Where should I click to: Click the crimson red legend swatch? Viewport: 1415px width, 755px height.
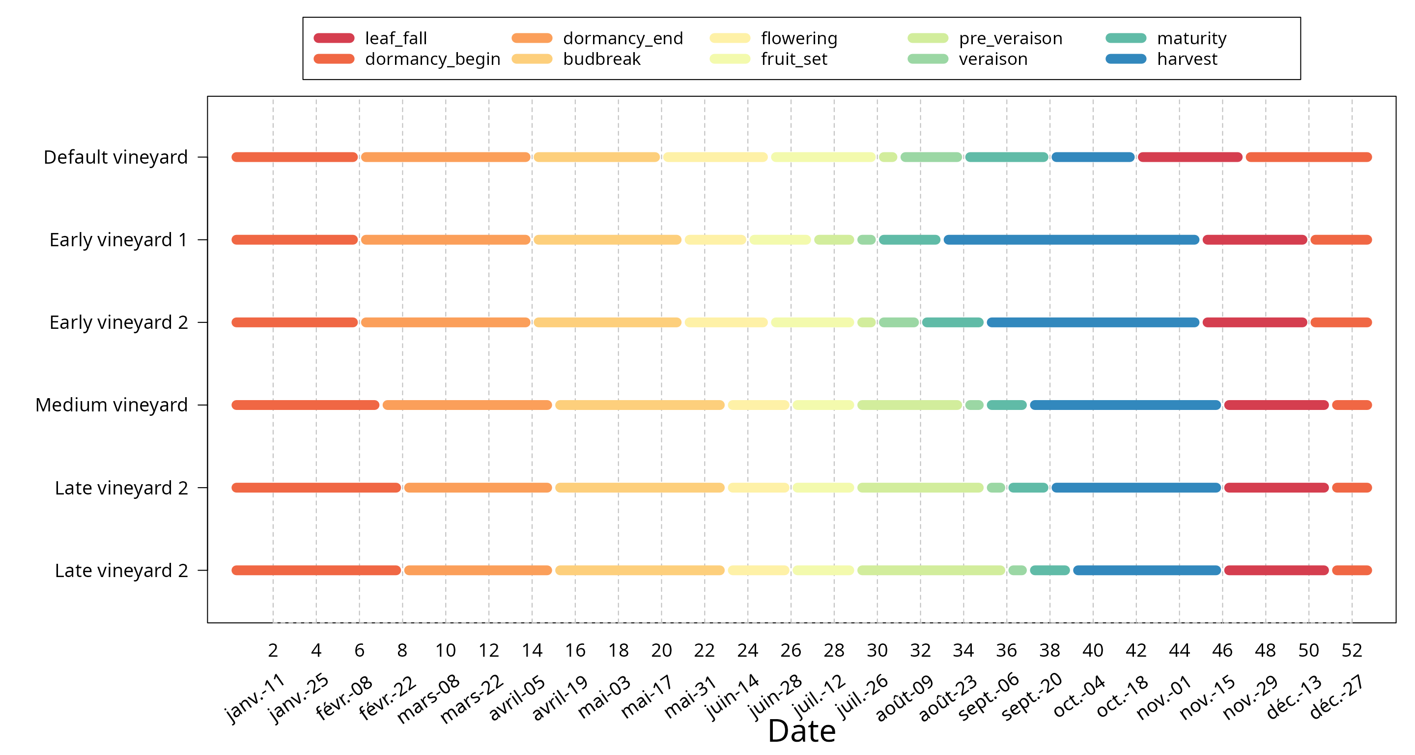click(x=334, y=38)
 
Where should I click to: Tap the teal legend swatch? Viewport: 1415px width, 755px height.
click(x=1126, y=38)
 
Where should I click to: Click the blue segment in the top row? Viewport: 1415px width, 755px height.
click(x=1093, y=157)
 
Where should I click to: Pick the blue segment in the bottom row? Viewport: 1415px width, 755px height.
click(x=1147, y=570)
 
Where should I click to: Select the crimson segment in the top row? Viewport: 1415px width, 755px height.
click(x=1190, y=157)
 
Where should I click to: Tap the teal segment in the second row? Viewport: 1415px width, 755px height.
click(x=909, y=239)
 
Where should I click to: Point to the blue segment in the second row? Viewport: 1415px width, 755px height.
click(x=1071, y=239)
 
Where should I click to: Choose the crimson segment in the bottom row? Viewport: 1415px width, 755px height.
click(x=1276, y=570)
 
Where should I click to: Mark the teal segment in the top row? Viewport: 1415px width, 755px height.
click(x=1006, y=157)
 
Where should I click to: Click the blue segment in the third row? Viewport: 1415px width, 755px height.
click(x=1093, y=322)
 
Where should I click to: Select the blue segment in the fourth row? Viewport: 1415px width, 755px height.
click(x=1125, y=405)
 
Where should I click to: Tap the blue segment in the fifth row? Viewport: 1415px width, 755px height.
click(x=1136, y=488)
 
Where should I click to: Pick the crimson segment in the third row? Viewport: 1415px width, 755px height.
click(x=1255, y=322)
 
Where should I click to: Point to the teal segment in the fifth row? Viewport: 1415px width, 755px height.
click(x=1028, y=488)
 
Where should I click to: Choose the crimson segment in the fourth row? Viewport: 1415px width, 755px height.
click(x=1276, y=405)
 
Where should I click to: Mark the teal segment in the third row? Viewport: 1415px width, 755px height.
click(x=953, y=322)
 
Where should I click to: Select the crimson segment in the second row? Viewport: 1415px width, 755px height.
click(x=1255, y=239)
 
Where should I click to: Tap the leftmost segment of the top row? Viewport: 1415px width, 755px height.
click(x=294, y=157)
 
